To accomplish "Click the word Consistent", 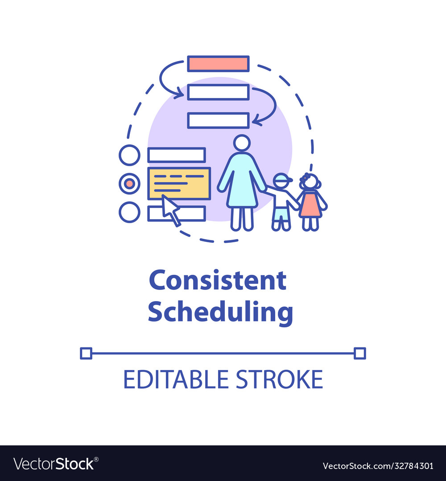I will click(218, 281).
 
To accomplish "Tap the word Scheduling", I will click(220, 312).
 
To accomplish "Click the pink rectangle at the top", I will click(218, 64).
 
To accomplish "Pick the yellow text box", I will click(179, 183).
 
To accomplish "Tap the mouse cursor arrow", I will click(169, 208).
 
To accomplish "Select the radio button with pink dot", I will click(129, 183).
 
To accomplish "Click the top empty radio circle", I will click(129, 155).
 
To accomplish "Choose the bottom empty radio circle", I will click(129, 212).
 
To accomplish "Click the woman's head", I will click(242, 143).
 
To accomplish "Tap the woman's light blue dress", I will click(242, 183).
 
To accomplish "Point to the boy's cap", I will click(282, 179).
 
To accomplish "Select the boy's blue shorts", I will click(281, 214).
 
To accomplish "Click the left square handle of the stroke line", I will click(86, 353).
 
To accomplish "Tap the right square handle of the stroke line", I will click(360, 353).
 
